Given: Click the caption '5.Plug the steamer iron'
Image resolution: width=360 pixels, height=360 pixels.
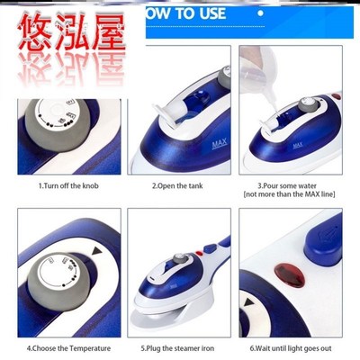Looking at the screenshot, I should pyautogui.click(x=179, y=346).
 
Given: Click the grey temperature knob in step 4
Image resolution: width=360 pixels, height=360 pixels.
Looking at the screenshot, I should pyautogui.click(x=53, y=275).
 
